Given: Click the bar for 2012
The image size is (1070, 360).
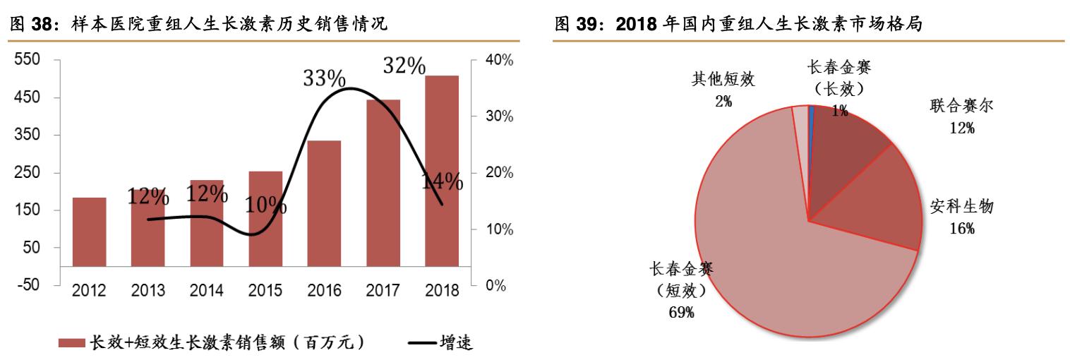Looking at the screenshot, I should click(90, 232).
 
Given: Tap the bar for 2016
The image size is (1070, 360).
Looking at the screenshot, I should click(325, 203).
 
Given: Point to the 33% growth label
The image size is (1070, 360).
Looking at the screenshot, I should click(324, 78).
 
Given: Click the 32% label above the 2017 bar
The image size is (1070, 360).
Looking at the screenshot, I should click(404, 66).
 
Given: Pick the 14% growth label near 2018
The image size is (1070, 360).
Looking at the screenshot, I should click(442, 181).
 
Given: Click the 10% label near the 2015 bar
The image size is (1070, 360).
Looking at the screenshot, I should click(265, 206).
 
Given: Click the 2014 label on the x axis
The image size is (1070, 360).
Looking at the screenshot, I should click(207, 291).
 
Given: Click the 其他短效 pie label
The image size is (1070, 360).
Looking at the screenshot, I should click(723, 78).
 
